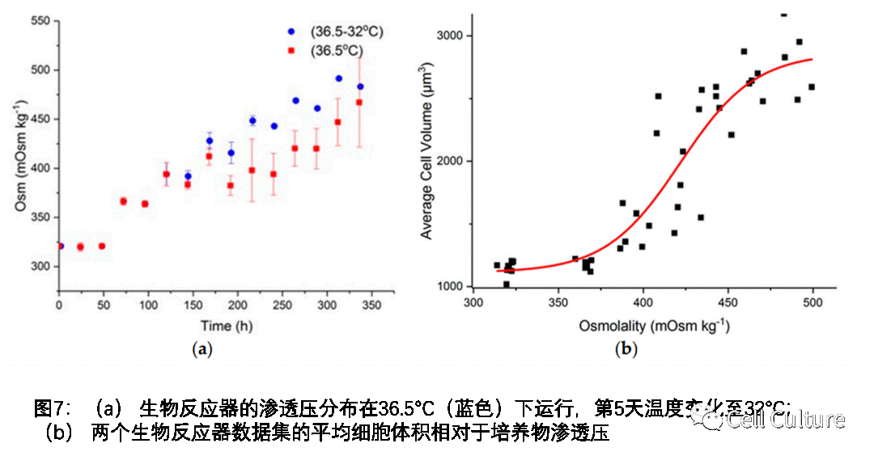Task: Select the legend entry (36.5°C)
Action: click(337, 50)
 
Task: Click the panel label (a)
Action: click(202, 349)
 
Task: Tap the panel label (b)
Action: click(626, 349)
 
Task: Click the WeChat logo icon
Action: click(706, 417)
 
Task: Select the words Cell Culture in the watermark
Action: click(785, 419)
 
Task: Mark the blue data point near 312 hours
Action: click(338, 78)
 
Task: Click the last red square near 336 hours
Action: click(359, 103)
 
